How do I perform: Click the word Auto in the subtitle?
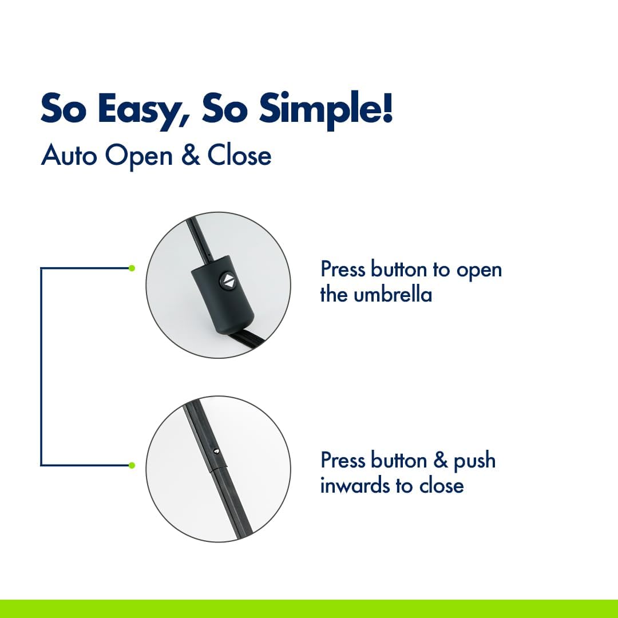69,155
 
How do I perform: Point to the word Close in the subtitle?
240,155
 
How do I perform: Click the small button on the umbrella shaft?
216,450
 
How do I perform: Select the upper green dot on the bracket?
132,268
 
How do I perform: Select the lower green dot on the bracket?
132,465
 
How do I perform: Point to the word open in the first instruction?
479,271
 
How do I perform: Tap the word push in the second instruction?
474,461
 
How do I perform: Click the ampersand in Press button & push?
441,460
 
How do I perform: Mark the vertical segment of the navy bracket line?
41,367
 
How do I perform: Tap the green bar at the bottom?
309,608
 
